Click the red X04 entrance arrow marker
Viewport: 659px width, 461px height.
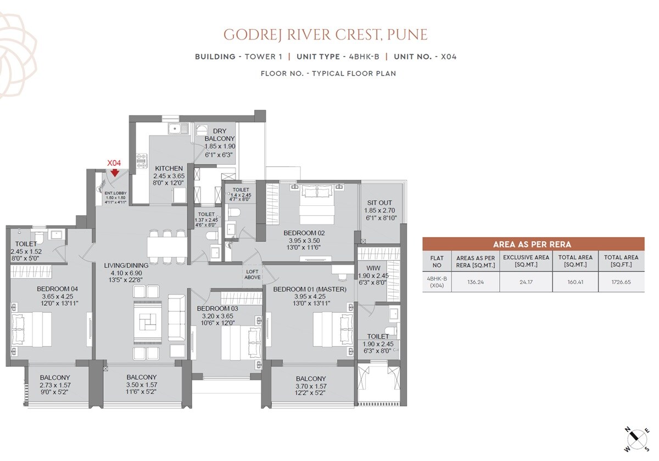point(114,173)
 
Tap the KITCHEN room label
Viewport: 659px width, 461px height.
point(169,168)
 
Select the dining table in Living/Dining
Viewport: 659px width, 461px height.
point(167,245)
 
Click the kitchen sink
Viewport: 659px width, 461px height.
point(177,130)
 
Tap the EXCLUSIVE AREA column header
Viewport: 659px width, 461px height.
point(526,260)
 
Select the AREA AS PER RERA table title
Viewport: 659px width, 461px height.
point(533,244)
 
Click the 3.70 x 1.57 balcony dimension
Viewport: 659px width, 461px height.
point(311,386)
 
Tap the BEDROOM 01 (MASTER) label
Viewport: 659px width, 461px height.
point(310,289)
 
